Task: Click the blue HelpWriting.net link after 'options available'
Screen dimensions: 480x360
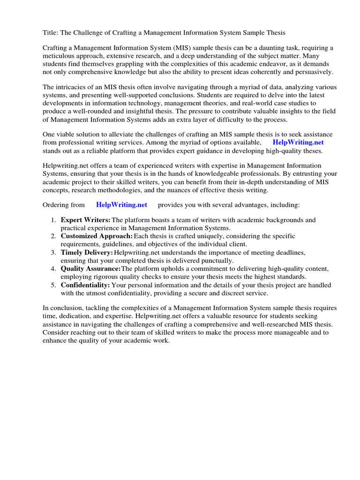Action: pos(298,142)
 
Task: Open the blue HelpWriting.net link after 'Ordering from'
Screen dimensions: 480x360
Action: pos(121,204)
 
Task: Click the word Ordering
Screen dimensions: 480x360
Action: pos(57,205)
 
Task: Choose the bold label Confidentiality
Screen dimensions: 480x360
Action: pos(85,285)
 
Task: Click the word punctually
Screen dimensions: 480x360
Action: pos(217,260)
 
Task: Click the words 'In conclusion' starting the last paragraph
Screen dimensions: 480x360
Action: pos(66,308)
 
